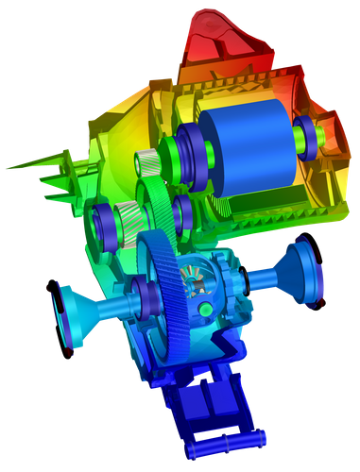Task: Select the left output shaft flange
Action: tap(71, 313)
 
